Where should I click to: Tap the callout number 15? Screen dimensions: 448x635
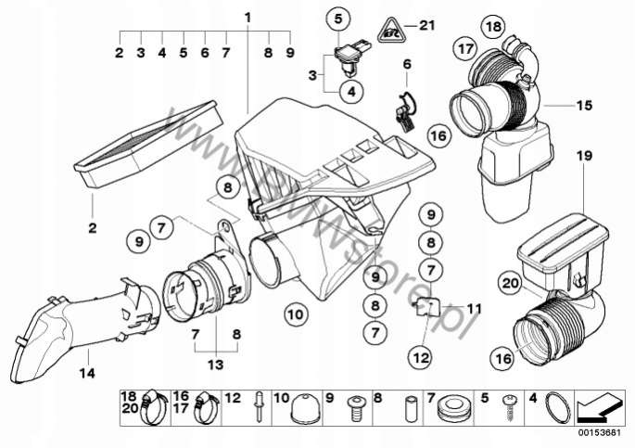pyautogui.click(x=583, y=106)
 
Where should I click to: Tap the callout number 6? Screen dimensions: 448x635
pyautogui.click(x=406, y=64)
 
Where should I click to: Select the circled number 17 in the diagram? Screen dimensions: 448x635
pyautogui.click(x=464, y=46)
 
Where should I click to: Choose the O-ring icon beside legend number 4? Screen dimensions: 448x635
pyautogui.click(x=555, y=404)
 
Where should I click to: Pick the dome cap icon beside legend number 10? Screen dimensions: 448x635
pyautogui.click(x=309, y=405)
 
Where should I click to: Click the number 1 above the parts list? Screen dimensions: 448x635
pyautogui.click(x=248, y=18)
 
